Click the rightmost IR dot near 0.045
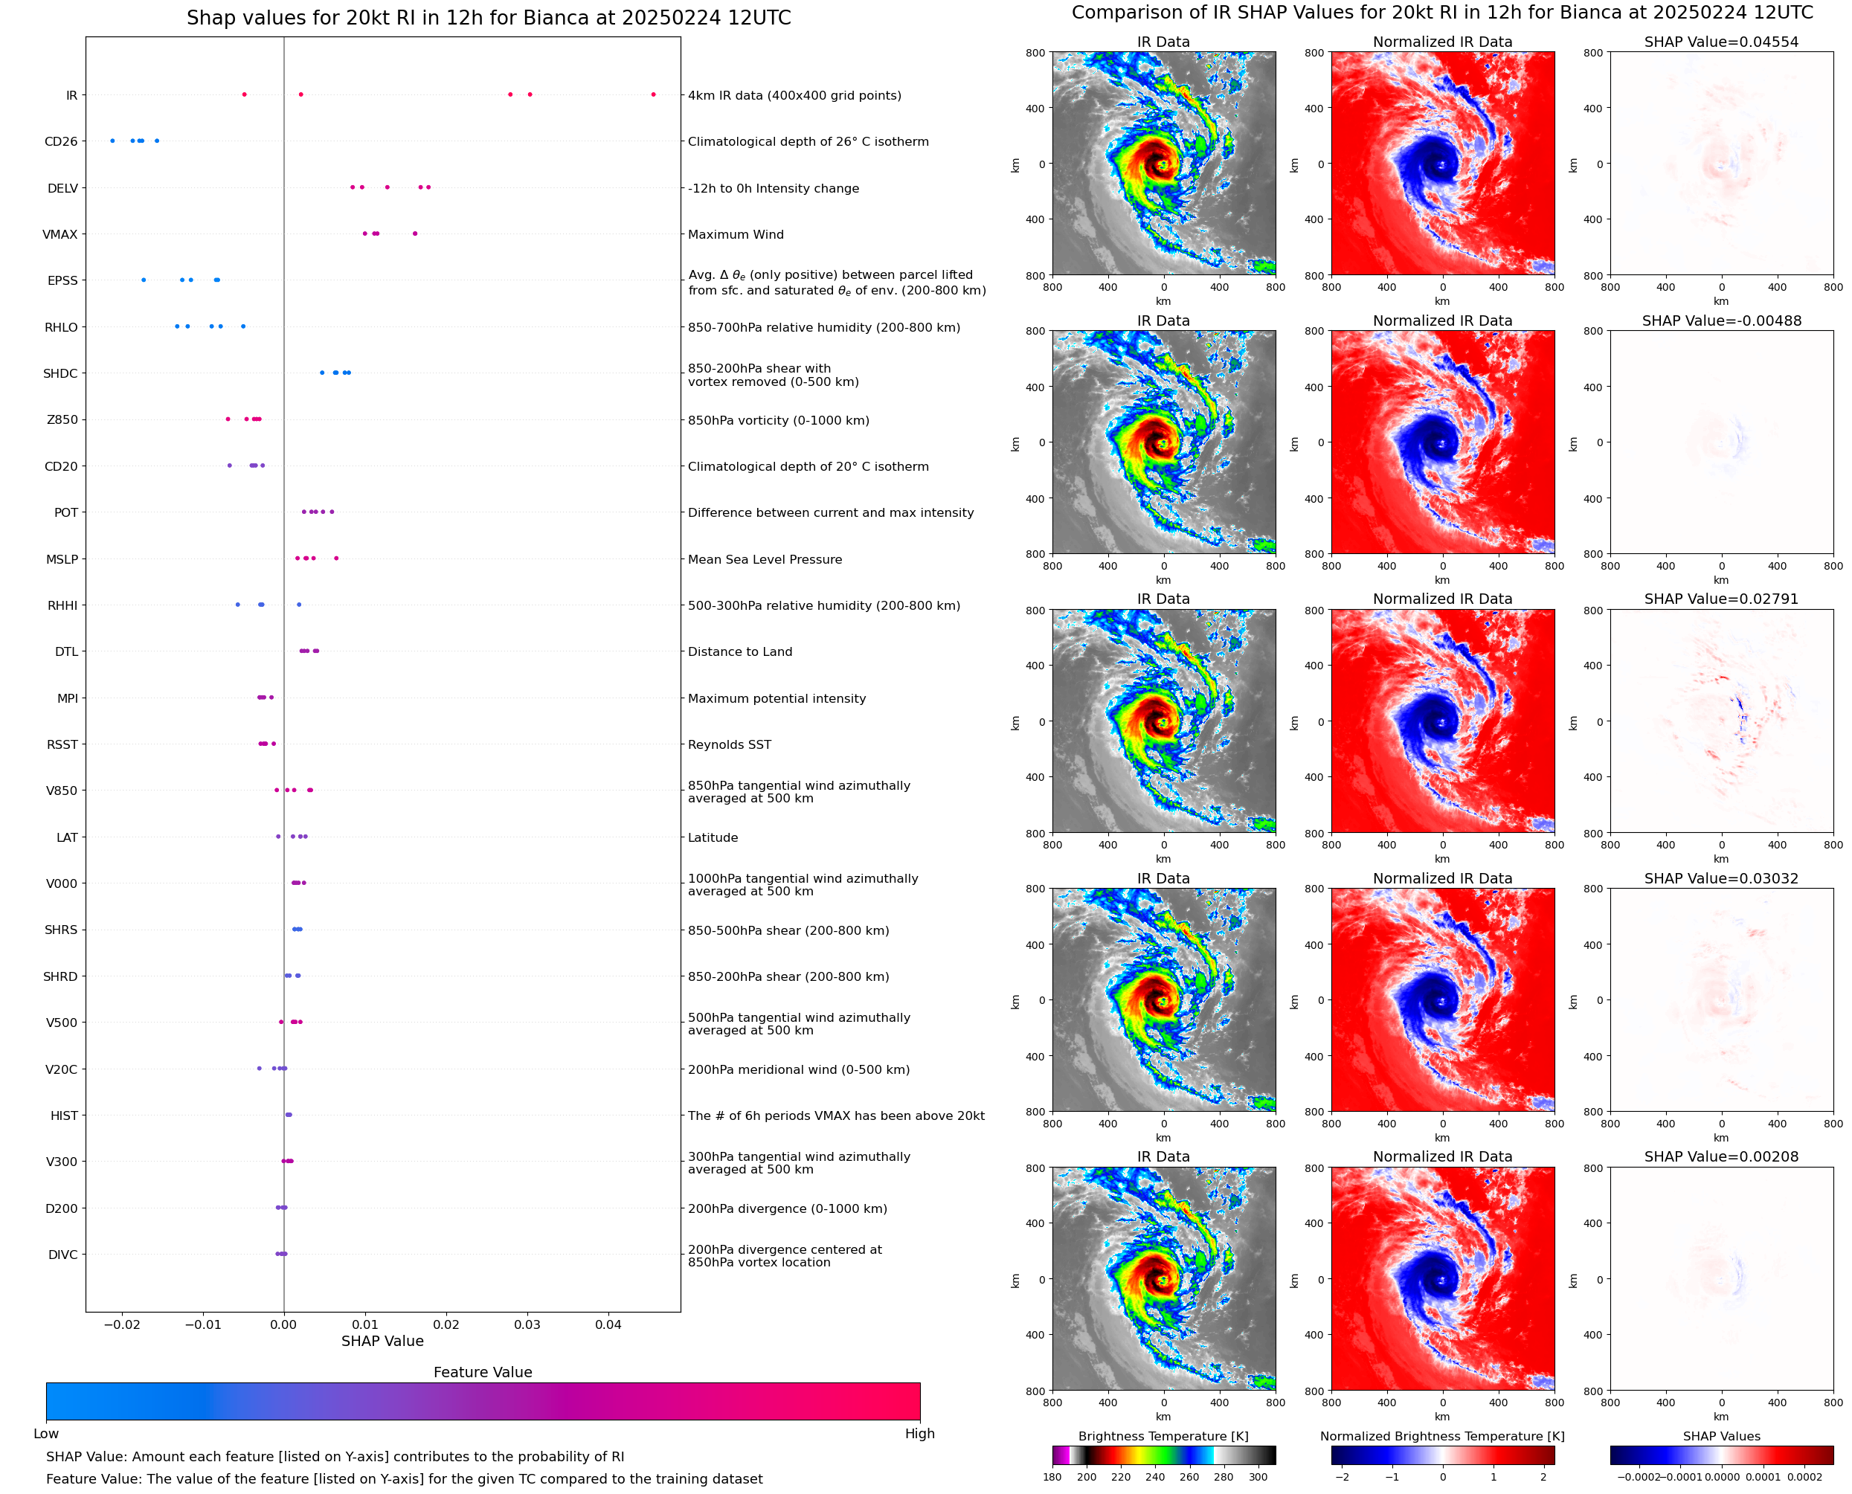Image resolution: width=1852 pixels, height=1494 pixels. [653, 94]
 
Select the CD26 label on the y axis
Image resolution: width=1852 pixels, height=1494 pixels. [61, 142]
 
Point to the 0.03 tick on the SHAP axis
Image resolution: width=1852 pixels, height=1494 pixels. [527, 1324]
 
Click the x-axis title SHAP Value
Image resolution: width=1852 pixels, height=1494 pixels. [382, 1341]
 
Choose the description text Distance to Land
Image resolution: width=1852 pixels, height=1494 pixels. [739, 652]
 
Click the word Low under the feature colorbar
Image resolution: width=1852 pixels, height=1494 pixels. [46, 1434]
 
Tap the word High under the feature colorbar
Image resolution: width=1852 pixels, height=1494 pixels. [919, 1434]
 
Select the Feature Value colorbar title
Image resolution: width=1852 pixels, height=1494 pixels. [483, 1373]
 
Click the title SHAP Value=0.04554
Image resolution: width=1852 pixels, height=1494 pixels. [1721, 42]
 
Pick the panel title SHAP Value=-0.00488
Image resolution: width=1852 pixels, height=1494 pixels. [1721, 321]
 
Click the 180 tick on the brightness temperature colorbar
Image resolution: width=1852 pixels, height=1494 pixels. [1052, 1477]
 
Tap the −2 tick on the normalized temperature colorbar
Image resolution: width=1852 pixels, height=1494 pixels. [1342, 1477]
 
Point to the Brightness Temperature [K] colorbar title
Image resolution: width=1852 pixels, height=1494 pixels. [1163, 1436]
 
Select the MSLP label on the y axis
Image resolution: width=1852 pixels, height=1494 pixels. [62, 559]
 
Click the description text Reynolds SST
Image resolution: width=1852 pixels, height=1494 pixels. [729, 745]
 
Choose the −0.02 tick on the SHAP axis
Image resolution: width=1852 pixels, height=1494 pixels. [121, 1324]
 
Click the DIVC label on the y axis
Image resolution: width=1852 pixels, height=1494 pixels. [62, 1255]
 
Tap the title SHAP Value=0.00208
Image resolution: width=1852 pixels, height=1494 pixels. [1721, 1156]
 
